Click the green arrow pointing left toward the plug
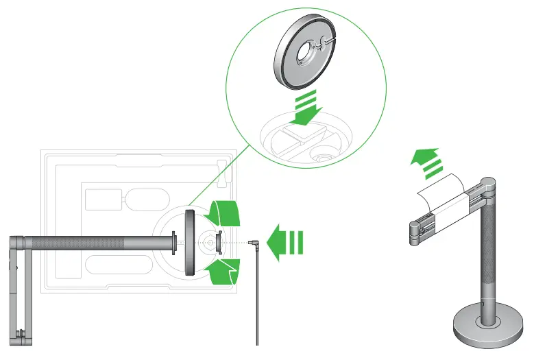(x=284, y=243)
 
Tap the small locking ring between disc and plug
(x=218, y=242)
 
